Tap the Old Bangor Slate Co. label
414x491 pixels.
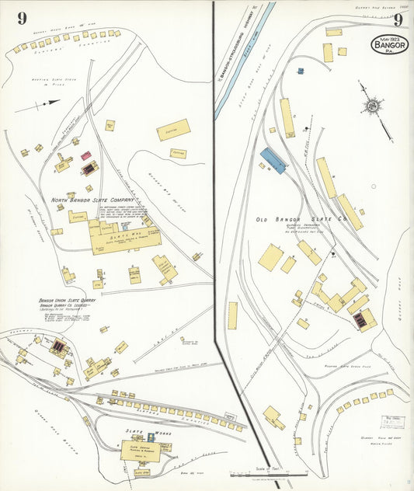(x=300, y=220)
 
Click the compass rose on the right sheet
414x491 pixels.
(x=373, y=106)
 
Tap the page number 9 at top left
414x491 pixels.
(x=23, y=17)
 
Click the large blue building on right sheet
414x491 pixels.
(x=273, y=160)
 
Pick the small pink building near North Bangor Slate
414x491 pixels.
(x=85, y=155)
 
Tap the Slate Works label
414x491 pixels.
(x=140, y=430)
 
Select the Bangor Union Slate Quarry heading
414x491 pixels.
(x=65, y=300)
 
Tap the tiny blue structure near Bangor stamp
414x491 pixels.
(x=300, y=71)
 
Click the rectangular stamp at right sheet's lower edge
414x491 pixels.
(x=391, y=422)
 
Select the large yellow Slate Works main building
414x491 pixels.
(x=141, y=450)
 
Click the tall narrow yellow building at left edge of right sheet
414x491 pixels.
(x=232, y=315)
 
